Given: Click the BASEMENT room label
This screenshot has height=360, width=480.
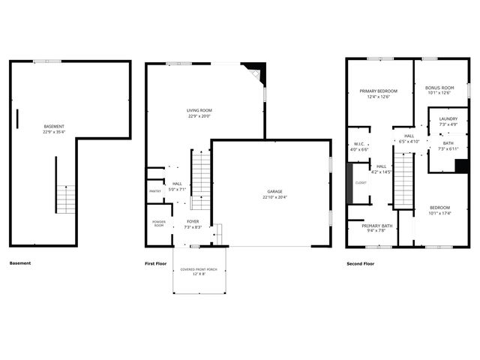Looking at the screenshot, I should coord(54,125).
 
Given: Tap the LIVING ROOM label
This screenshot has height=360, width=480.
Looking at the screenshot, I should coord(199,110).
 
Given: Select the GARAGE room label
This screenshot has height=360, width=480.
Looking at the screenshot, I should coord(271,191).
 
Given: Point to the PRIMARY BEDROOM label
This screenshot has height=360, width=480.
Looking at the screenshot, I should coord(378,91).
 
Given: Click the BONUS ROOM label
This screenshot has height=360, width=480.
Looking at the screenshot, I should coord(439,88).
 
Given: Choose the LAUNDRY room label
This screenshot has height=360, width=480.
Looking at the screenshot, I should coord(448,118).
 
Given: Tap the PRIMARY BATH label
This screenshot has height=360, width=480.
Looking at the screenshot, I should coord(377,226).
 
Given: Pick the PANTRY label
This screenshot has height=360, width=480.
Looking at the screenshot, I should coord(154,191).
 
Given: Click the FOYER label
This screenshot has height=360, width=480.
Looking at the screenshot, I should coord(192,221).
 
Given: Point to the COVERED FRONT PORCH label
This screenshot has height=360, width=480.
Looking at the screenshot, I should coord(199,268).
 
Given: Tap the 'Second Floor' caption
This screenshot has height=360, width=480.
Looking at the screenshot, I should coord(360,264).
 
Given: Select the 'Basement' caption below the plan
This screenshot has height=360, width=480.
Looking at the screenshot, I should coord(20,264).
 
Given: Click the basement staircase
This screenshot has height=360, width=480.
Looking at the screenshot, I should coord(67,199).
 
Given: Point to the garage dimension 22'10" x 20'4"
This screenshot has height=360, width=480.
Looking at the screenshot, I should coord(271,197).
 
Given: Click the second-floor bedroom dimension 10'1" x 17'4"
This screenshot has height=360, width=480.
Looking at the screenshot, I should coord(439,213).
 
